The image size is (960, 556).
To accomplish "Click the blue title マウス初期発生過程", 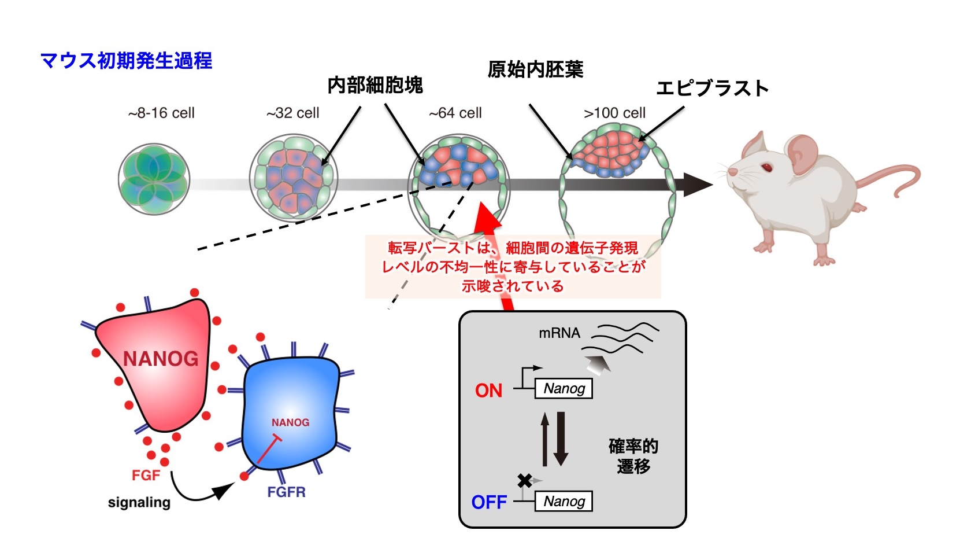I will (126, 60).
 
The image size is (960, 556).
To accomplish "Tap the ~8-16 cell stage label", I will (161, 113).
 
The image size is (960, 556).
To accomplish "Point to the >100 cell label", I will (614, 113).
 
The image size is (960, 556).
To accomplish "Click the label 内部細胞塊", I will (375, 86).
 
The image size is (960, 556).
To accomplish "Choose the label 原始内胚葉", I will (535, 69).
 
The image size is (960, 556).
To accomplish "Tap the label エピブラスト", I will (712, 88).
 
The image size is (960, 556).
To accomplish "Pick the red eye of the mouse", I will (766, 168).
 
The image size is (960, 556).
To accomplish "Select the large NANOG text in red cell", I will (161, 359).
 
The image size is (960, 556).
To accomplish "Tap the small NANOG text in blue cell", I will (290, 422).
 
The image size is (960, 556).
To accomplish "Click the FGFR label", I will (286, 492).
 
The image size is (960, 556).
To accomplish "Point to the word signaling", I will (139, 502).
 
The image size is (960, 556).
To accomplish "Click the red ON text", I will (488, 391).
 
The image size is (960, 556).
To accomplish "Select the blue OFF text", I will (489, 502).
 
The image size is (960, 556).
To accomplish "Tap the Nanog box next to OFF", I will (564, 501).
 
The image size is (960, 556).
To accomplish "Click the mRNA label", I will (559, 333).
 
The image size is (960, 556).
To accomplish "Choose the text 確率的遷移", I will (633, 456).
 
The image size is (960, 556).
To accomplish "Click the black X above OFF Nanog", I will (524, 480).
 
